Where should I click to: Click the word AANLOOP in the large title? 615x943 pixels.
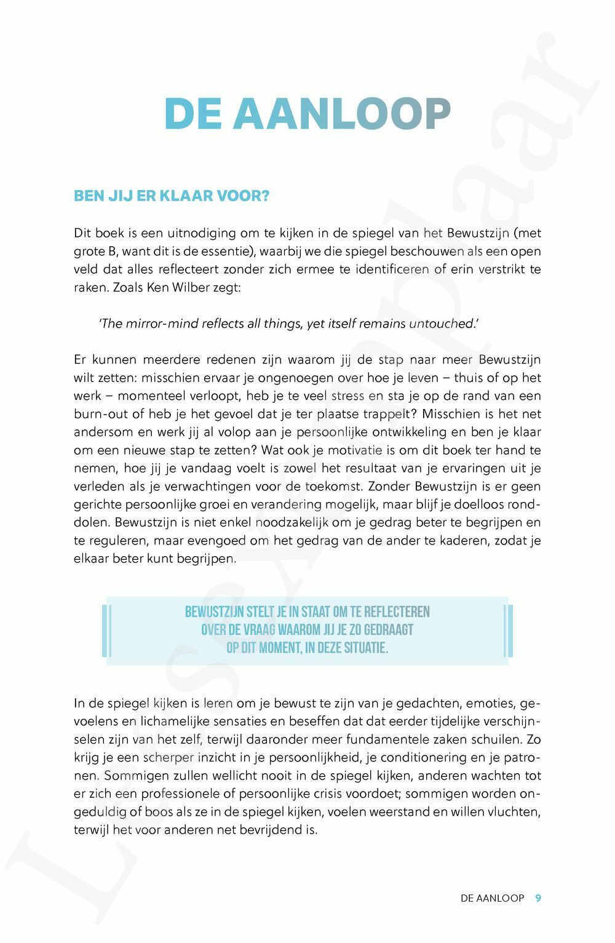[341, 114]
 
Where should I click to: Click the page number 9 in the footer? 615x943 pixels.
[538, 898]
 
